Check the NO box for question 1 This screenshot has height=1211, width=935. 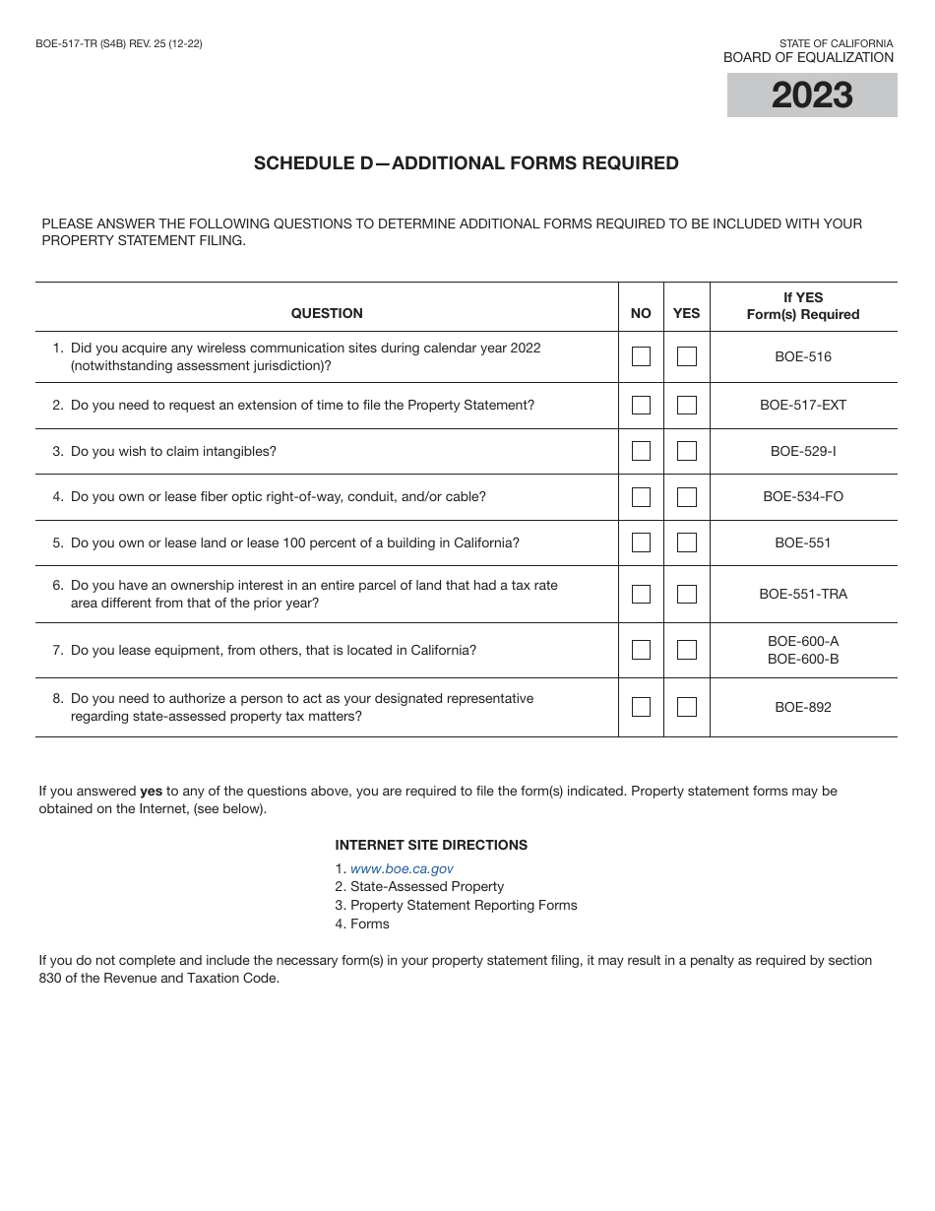(x=641, y=356)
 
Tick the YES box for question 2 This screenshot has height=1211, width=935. (x=687, y=405)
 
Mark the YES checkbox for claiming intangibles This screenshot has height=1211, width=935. (x=687, y=451)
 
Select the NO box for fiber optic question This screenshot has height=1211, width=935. (x=641, y=497)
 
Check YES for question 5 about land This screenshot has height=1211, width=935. (x=687, y=542)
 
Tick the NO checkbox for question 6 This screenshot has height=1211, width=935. (x=641, y=594)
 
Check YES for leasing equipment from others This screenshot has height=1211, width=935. (x=687, y=650)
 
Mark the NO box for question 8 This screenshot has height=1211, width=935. (x=641, y=707)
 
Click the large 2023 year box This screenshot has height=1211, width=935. (x=812, y=96)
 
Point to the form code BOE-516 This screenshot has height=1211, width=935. (x=803, y=356)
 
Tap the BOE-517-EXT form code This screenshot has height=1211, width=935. (x=803, y=405)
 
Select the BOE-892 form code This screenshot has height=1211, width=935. (x=803, y=707)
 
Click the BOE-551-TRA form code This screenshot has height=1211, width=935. (x=803, y=594)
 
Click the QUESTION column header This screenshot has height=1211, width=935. (x=327, y=313)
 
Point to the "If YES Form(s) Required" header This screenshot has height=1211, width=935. (x=803, y=306)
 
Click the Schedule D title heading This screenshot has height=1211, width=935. (x=467, y=163)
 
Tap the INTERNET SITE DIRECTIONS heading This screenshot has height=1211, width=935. (x=431, y=845)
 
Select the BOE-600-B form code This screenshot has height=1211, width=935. (x=803, y=659)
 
